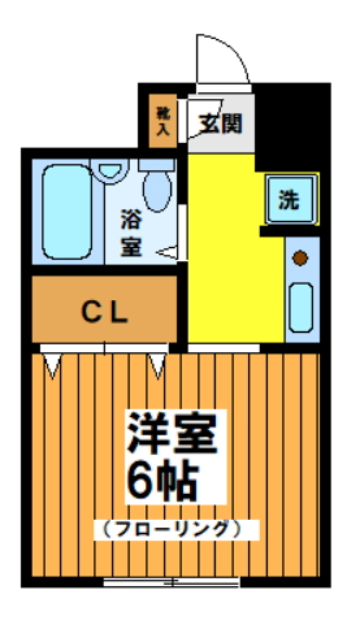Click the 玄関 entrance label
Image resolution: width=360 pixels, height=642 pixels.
click(x=220, y=124)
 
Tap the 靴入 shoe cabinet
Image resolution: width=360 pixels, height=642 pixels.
click(x=163, y=121)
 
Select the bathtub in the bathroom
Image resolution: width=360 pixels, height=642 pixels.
click(x=67, y=212)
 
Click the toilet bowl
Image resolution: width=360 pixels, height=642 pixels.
click(x=157, y=191)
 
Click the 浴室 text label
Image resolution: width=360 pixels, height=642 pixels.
click(x=131, y=233)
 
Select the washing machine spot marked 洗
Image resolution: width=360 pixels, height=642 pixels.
click(x=289, y=199)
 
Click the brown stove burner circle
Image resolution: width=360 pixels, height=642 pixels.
click(x=300, y=258)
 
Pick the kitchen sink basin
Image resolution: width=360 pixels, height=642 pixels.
click(x=301, y=307)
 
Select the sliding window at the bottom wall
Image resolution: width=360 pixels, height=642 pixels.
click(x=171, y=582)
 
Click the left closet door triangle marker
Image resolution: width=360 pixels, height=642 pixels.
click(x=52, y=365)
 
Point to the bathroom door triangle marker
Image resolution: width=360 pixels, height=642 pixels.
click(x=168, y=253)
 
